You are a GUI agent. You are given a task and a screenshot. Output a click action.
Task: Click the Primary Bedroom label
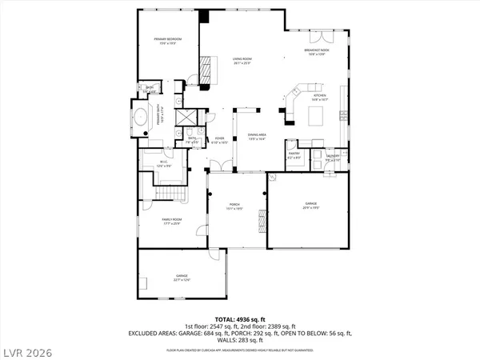(168, 41)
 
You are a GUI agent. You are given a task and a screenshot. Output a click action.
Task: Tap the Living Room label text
(238, 62)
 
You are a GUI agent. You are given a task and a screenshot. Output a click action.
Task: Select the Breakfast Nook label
(317, 52)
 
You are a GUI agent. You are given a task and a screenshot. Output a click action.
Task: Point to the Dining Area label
(256, 136)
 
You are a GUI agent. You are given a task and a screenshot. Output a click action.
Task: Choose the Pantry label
(294, 154)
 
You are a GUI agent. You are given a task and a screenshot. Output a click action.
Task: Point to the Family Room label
(168, 222)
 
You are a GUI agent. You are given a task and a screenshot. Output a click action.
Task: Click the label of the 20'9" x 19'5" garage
(310, 206)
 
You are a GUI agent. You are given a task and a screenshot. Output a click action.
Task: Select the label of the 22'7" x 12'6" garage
(182, 278)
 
